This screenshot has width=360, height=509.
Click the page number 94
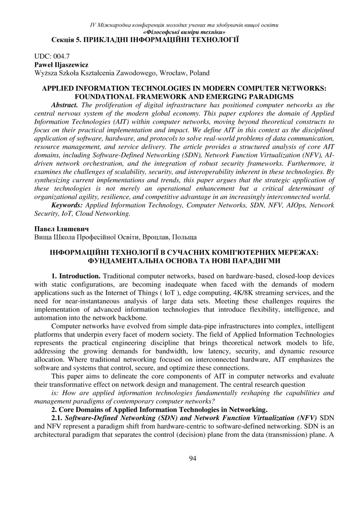[x=193, y=459]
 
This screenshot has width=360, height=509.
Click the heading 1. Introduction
[x=76, y=276]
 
